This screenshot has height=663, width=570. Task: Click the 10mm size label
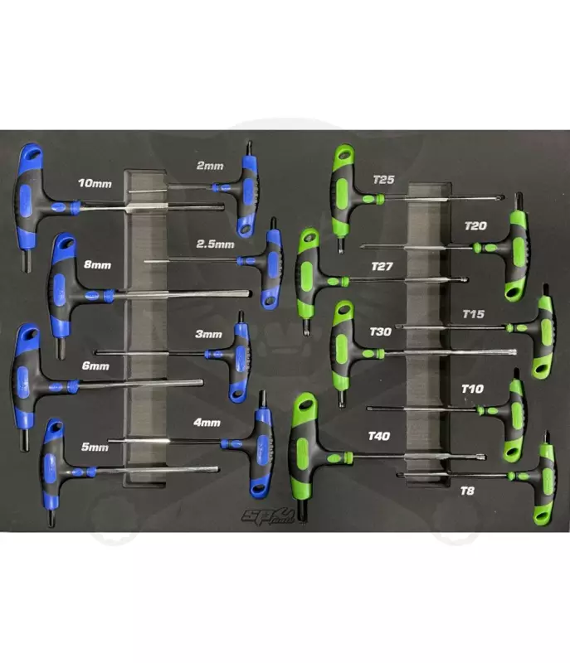[95, 183]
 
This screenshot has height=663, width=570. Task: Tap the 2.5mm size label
[215, 244]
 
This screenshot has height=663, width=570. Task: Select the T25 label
[384, 180]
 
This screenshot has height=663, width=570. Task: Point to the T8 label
[467, 491]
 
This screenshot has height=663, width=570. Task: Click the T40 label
[378, 436]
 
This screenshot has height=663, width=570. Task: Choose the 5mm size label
[95, 447]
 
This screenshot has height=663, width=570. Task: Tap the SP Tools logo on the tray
[268, 515]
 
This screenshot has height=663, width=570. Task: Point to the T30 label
[381, 331]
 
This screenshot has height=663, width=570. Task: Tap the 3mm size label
[208, 334]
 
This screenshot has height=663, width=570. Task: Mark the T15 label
[473, 314]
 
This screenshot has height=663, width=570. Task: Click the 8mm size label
[97, 264]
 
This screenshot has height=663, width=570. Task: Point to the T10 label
[472, 389]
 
